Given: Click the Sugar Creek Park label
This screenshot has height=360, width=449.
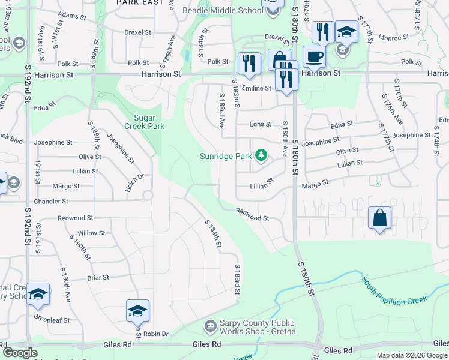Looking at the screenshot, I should (x=144, y=122).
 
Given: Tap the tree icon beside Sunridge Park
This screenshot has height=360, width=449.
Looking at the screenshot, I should (x=261, y=156).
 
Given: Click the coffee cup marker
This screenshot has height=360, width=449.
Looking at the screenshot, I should (x=314, y=57).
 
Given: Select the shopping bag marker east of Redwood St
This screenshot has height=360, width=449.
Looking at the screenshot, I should (x=380, y=218).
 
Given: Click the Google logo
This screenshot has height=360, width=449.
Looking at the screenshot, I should (x=20, y=353).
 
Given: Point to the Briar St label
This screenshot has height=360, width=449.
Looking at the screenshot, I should (x=98, y=278).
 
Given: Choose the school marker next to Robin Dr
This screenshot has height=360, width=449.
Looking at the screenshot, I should (x=137, y=311).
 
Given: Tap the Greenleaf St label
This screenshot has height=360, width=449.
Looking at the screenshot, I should (x=52, y=319).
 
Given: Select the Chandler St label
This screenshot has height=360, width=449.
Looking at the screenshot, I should (x=56, y=202).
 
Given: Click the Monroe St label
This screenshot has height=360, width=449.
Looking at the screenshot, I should (x=397, y=37).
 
